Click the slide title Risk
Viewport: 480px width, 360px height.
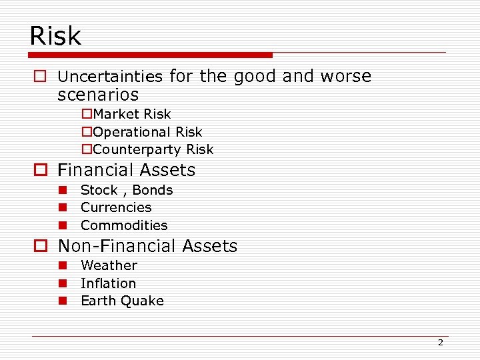55,35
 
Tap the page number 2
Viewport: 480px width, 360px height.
440,343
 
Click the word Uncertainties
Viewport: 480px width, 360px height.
110,77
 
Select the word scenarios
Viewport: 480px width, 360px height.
98,95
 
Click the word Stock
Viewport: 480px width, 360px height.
99,190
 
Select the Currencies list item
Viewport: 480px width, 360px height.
116,207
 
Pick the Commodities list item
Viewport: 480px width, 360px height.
124,225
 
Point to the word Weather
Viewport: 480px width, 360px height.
109,265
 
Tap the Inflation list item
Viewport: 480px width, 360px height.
108,283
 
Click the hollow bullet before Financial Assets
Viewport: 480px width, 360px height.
40,171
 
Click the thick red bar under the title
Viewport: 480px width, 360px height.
153,55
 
